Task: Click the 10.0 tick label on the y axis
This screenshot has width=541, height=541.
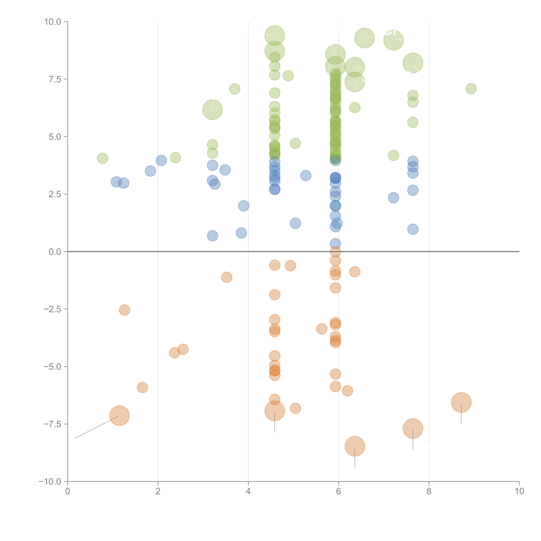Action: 53,22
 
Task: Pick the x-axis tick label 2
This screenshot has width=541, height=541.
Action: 158,491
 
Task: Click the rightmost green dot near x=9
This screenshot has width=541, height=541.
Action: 471,89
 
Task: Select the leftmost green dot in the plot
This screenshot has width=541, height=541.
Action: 102,158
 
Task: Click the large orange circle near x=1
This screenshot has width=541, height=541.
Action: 120,416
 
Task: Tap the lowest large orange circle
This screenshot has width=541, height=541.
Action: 355,446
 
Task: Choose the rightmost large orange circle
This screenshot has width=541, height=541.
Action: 461,402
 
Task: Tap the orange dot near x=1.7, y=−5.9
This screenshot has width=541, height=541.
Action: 142,388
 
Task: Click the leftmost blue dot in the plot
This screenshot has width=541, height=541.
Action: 116,182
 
